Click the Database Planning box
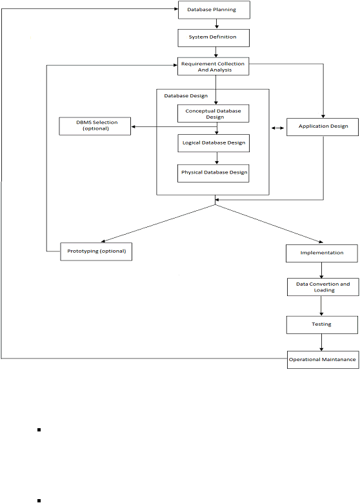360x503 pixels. coord(214,10)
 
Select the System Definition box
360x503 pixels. coord(214,38)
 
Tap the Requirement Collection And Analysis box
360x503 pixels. coord(214,66)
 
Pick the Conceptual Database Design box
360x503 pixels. coord(214,113)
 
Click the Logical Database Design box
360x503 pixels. coord(214,143)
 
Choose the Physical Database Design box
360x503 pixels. coord(214,173)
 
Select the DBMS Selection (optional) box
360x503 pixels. coord(95,126)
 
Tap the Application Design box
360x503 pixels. coord(323,127)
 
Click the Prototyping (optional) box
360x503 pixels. coord(96,252)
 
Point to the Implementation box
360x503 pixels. coord(322,253)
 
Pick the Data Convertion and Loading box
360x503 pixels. coord(323,287)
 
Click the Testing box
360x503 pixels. coord(322,325)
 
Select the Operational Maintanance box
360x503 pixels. coord(323,360)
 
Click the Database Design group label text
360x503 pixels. coord(186,96)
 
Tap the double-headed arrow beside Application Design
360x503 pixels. coord(278,128)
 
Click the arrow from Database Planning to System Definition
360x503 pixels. coord(217,24)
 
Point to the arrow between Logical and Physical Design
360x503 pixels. coord(217,158)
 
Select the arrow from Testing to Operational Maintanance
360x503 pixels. coord(321,342)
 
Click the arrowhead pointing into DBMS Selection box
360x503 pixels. coord(133,126)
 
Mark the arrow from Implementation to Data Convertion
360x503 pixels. coord(321,270)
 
